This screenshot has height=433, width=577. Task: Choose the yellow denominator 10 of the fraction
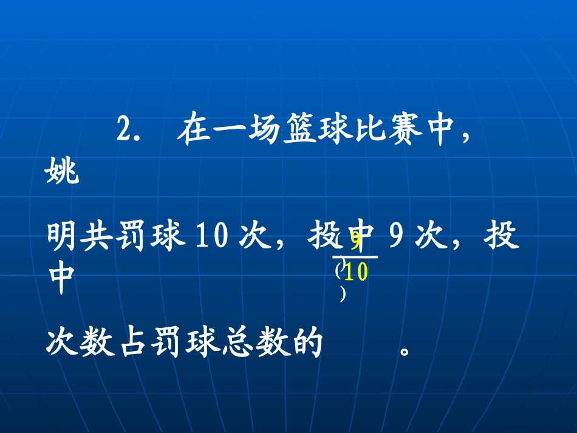[x=357, y=273]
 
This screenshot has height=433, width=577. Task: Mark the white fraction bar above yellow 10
[x=355, y=257]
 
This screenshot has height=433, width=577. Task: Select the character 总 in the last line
[x=237, y=345]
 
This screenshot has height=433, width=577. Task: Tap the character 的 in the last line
[x=307, y=345]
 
